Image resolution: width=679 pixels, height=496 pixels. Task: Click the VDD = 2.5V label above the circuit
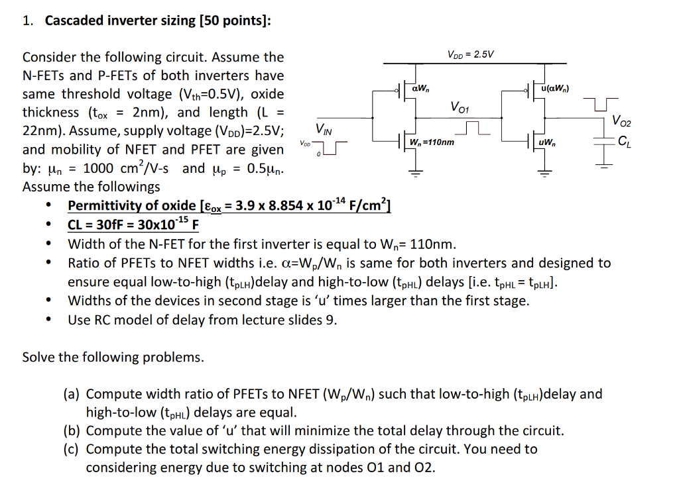pyautogui.click(x=471, y=54)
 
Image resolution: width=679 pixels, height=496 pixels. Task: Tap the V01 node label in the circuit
pyautogui.click(x=460, y=107)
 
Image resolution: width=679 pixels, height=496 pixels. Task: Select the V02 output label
pyautogui.click(x=622, y=122)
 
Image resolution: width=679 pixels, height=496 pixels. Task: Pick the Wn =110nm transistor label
pyautogui.click(x=432, y=142)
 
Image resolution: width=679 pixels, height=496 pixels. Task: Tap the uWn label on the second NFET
pyautogui.click(x=548, y=142)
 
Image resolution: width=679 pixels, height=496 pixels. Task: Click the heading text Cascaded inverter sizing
pyautogui.click(x=120, y=21)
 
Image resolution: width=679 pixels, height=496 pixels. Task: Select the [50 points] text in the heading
pyautogui.click(x=235, y=21)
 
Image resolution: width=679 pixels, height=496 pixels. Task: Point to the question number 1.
pyautogui.click(x=27, y=21)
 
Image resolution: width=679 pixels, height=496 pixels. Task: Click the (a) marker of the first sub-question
pyautogui.click(x=72, y=395)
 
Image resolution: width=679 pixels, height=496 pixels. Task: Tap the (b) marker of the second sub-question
pyautogui.click(x=72, y=431)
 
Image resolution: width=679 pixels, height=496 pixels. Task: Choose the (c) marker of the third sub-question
pyautogui.click(x=72, y=450)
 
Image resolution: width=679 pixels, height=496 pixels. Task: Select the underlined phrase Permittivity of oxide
pyautogui.click(x=131, y=205)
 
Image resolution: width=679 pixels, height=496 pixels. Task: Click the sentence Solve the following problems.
pyautogui.click(x=113, y=358)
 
